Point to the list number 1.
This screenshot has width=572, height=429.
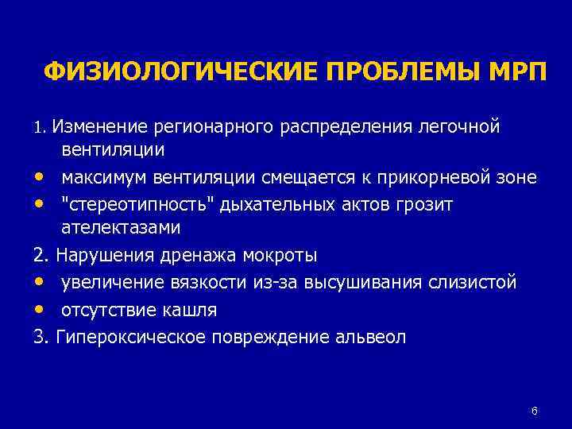[40, 126]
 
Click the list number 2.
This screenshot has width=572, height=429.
[41, 255]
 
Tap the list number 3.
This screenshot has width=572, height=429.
[41, 336]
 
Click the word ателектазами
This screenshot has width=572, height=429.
[121, 228]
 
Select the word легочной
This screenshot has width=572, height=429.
[463, 126]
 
